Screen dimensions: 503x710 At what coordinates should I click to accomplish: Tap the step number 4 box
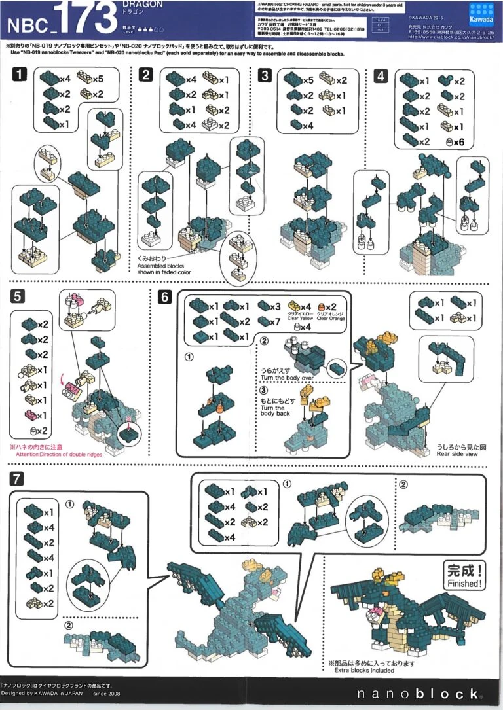coord(381,75)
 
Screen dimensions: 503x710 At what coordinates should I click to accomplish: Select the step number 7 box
coord(18,479)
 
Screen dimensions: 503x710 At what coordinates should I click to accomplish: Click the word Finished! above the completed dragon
coord(464,582)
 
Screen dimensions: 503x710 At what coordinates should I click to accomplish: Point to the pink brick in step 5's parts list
coord(31,415)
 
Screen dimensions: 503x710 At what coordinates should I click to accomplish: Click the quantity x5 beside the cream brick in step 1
coord(98,79)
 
